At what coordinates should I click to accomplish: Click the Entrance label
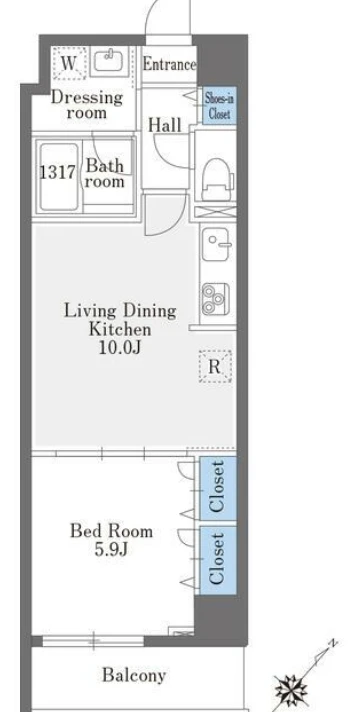coord(169,64)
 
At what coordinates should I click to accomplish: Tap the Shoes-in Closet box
coord(219,106)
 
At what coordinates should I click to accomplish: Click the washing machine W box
coord(69,63)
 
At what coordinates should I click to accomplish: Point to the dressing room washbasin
coord(109,61)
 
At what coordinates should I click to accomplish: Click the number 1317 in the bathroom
coord(57,173)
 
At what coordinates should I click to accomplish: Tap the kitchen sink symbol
coord(215,244)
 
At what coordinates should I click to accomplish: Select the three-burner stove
coord(215,299)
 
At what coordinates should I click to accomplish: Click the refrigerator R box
coord(215,366)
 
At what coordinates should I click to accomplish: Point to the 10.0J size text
coord(119,347)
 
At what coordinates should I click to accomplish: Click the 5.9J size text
coord(111,550)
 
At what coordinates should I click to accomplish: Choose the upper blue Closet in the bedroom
coord(218,488)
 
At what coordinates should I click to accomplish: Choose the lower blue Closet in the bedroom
coord(218,561)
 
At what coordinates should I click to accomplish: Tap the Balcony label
coord(133,675)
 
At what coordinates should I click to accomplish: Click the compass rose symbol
coord(291,690)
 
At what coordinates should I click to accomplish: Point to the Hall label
coord(165,125)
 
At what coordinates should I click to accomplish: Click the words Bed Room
coord(111,531)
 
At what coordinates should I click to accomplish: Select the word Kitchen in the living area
coord(120,329)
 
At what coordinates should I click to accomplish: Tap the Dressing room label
coord(87,105)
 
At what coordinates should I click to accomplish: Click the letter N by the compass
coord(333,643)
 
